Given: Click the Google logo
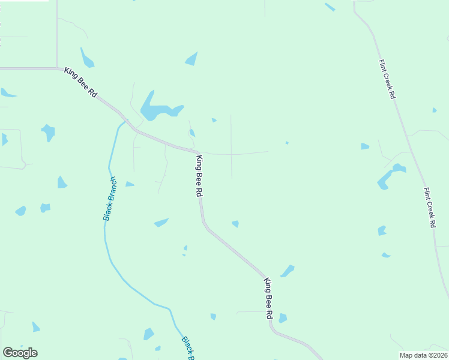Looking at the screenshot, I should (x=20, y=353).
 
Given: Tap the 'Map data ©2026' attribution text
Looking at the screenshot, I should (x=423, y=355).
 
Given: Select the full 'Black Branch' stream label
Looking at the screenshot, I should (x=110, y=199).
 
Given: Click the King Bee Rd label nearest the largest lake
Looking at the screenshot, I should (x=80, y=82).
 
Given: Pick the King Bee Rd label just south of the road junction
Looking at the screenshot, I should (x=199, y=176).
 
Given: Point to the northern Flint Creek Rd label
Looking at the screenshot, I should (x=387, y=79).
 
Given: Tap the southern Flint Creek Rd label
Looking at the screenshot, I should (x=429, y=208).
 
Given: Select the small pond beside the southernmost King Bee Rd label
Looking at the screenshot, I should (x=282, y=318).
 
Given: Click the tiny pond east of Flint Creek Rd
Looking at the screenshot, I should (x=435, y=110).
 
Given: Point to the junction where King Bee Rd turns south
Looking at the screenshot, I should (x=195, y=151).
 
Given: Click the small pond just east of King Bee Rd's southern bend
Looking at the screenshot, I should (x=235, y=224).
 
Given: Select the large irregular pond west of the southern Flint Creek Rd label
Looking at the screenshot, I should (x=387, y=177).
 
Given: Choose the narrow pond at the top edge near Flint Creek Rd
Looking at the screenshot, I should (x=330, y=7).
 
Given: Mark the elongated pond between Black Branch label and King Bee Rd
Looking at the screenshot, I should (x=161, y=223).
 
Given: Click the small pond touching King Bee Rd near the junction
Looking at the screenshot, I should (x=192, y=133).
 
